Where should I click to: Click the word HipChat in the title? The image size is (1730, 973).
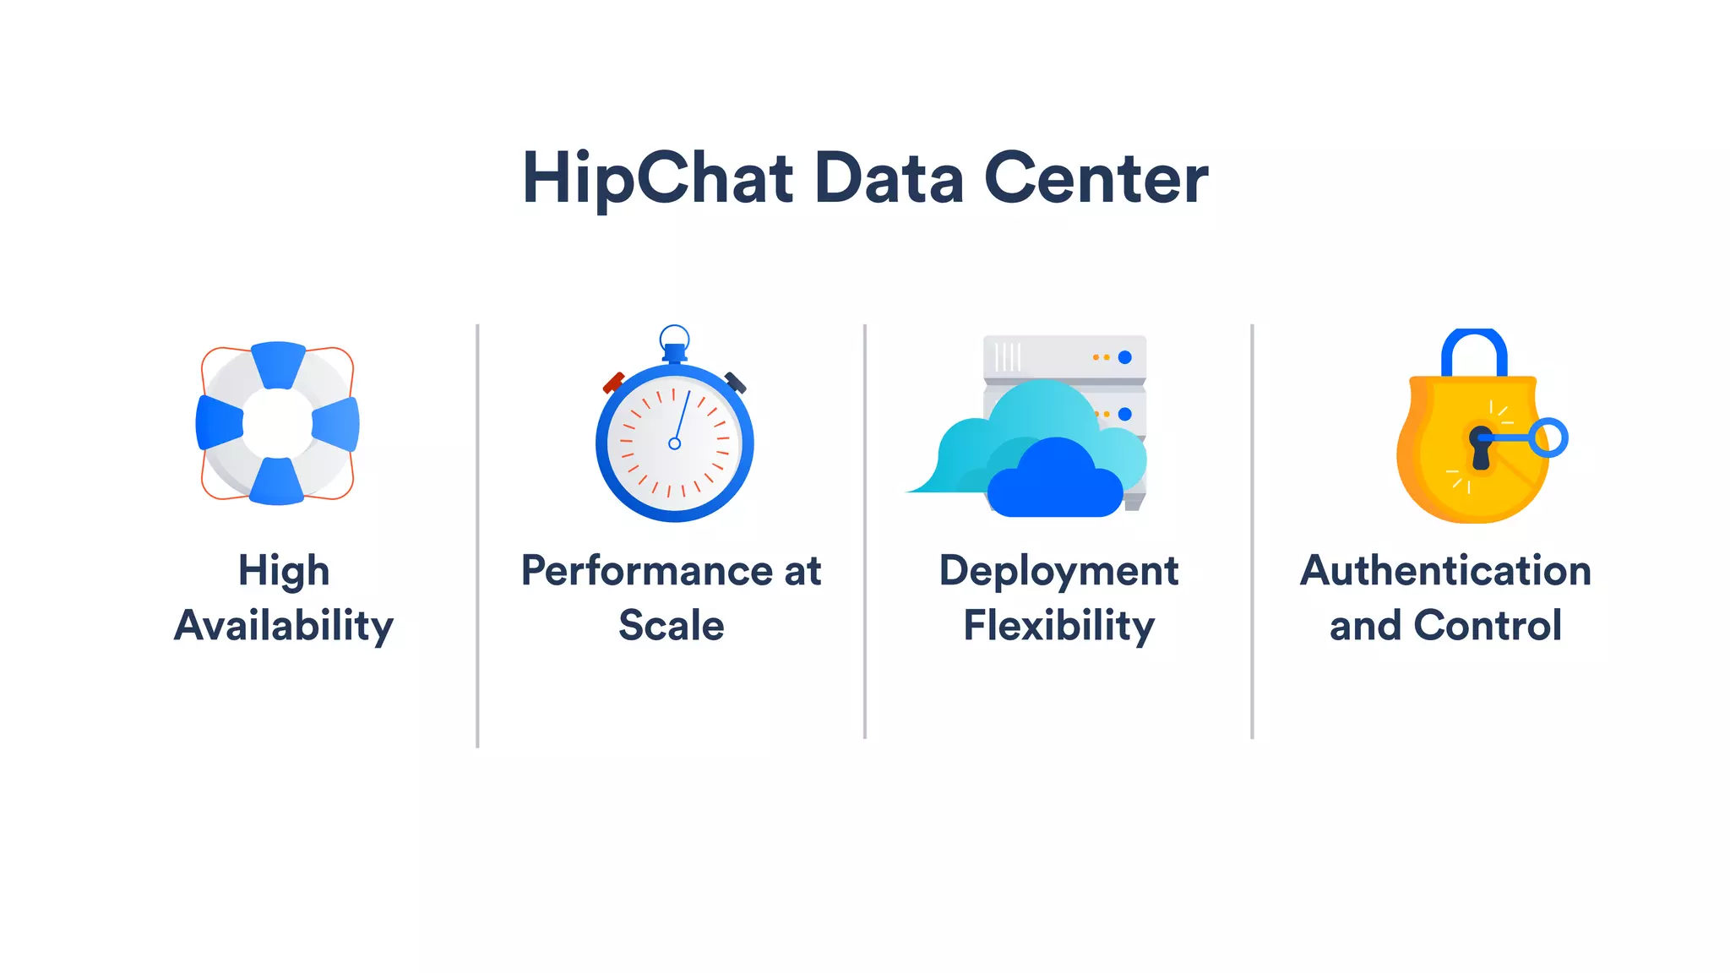[x=658, y=179]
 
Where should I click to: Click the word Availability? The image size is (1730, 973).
[x=284, y=627]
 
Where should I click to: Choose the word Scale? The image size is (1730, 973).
[x=672, y=626]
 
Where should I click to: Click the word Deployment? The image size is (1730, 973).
[x=1058, y=571]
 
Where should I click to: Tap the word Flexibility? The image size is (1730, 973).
[x=1058, y=627]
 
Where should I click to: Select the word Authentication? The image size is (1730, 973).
[x=1445, y=571]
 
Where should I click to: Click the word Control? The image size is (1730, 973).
[x=1488, y=626]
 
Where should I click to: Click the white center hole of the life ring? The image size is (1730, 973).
[x=277, y=423]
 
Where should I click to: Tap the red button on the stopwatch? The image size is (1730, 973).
[x=613, y=383]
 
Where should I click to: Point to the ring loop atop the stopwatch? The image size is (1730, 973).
[x=674, y=337]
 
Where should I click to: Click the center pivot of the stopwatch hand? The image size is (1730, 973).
[x=674, y=443]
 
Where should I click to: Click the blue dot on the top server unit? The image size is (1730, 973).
[x=1124, y=357]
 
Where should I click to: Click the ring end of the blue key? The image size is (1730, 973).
[x=1549, y=438]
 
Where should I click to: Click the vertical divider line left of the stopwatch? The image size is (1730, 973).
[x=477, y=535]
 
